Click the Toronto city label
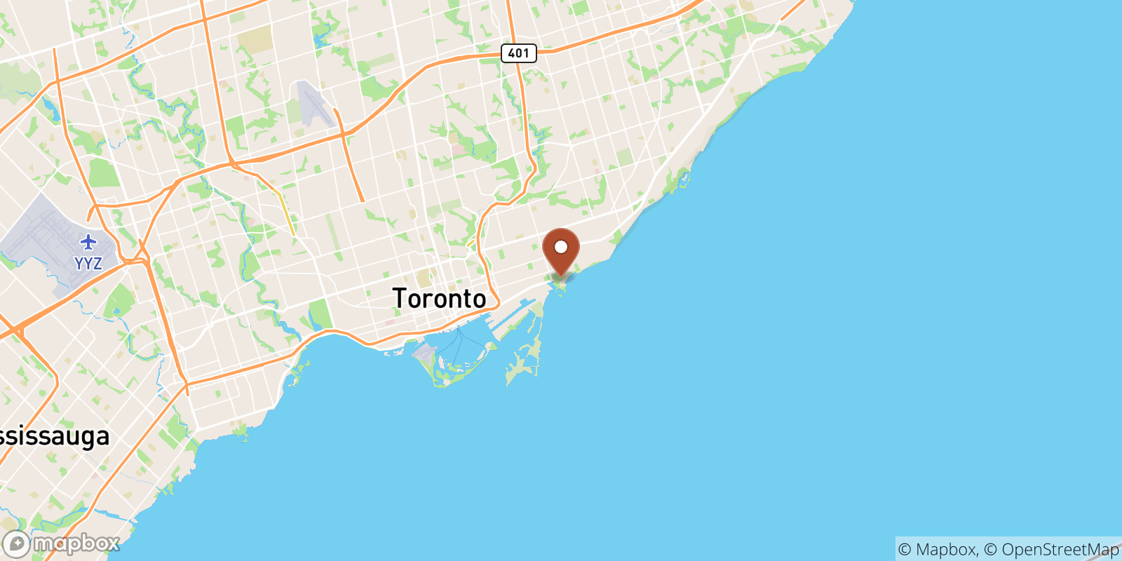[x=439, y=299]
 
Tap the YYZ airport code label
[x=88, y=264]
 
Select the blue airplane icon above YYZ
[x=88, y=243]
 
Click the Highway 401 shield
[x=518, y=53]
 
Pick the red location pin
[x=561, y=252]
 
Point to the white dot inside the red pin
[x=561, y=247]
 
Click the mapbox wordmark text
[x=76, y=543]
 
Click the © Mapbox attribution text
[x=937, y=549]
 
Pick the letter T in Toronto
[x=400, y=299]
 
